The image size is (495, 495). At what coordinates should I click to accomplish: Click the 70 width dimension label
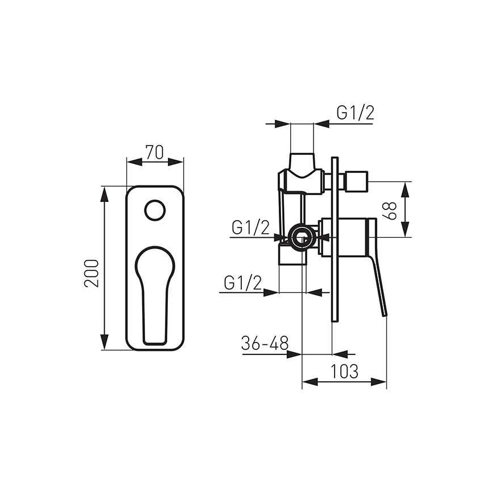tap(154, 152)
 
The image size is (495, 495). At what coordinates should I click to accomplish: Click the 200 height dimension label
tap(92, 273)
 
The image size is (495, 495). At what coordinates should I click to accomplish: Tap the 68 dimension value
tap(389, 211)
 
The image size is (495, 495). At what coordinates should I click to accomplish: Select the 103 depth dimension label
tap(344, 371)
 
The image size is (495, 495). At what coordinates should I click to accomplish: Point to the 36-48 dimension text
tap(265, 343)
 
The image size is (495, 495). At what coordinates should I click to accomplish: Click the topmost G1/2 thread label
tap(356, 113)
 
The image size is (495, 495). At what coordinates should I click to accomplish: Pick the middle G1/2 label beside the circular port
tap(251, 227)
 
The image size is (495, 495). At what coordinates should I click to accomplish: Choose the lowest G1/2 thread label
tap(243, 283)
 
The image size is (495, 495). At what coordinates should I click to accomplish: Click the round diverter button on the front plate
tap(155, 210)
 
